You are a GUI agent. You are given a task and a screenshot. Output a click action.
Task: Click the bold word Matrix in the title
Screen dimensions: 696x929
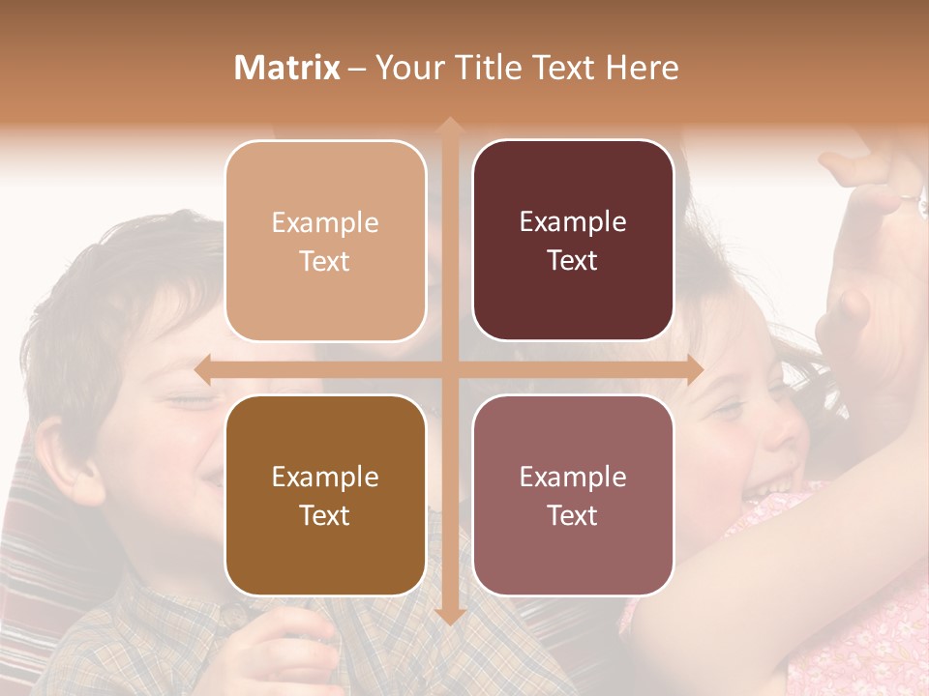point(287,68)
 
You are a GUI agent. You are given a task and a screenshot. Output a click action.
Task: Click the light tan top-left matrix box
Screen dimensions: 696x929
point(325,241)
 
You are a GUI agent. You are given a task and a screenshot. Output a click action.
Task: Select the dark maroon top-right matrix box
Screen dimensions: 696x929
point(573,241)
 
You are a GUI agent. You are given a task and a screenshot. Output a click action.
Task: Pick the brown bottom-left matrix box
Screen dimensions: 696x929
point(325,495)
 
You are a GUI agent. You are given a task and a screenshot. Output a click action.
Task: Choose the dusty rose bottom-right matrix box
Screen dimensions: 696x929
point(573,495)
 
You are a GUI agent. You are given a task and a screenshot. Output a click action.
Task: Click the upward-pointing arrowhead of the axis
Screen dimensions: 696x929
point(449,126)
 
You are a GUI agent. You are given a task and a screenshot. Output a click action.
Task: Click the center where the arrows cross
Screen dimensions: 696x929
point(449,369)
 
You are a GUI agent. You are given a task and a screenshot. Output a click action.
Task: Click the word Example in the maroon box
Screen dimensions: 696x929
point(573,221)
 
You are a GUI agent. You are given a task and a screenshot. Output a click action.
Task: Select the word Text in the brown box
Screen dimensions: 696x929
point(325,515)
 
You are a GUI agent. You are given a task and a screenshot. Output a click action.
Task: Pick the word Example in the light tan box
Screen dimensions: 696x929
point(325,222)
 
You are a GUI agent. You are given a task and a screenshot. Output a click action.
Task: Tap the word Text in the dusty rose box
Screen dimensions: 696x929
point(573,515)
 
